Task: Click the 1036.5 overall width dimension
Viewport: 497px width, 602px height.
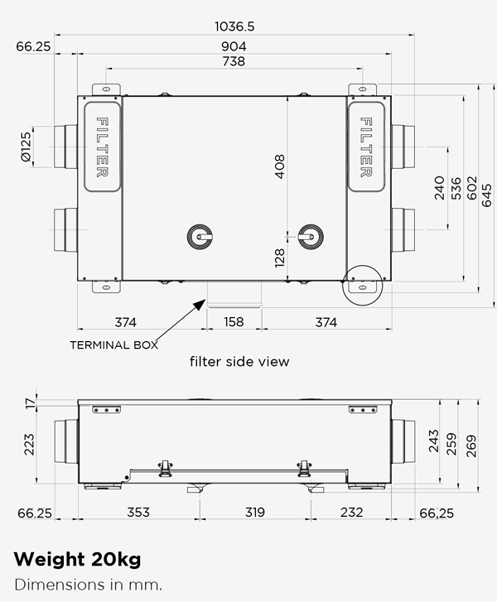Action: pos(234,26)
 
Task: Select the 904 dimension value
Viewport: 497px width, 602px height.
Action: pos(234,46)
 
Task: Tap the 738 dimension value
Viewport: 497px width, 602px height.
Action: pos(234,62)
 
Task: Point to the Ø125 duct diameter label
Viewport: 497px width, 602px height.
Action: pos(26,147)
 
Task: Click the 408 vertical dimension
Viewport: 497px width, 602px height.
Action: pos(279,168)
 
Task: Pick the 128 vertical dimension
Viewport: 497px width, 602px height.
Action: pos(279,258)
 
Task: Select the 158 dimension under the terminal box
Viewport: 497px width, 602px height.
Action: pos(234,322)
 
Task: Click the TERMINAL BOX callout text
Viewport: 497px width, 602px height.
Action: pos(113,344)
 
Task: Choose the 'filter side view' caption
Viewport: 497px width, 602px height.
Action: pos(239,362)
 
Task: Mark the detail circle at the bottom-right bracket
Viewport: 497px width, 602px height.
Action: pos(362,284)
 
